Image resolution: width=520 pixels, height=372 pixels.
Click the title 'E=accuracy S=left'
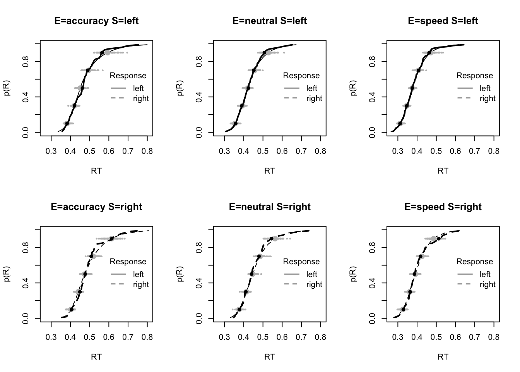[96, 21]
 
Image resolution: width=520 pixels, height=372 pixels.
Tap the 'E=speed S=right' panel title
[443, 207]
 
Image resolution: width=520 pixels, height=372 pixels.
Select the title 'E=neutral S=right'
[270, 207]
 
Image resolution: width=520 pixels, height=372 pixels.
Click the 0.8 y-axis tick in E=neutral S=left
[199, 62]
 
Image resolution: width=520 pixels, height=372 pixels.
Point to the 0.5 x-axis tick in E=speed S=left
[436, 151]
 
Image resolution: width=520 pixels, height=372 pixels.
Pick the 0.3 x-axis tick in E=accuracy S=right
[51, 337]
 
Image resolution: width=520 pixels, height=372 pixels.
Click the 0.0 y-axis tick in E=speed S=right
[373, 319]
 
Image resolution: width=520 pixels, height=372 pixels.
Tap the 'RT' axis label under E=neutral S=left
[270, 171]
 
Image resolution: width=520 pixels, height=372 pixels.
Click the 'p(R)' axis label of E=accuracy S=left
[7, 88]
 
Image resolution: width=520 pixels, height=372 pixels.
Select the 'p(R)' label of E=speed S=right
[354, 274]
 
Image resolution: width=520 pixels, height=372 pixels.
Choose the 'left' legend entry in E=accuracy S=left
[138, 88]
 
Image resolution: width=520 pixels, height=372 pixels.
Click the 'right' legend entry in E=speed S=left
[487, 99]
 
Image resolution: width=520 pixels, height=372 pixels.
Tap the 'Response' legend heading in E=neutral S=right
[301, 262]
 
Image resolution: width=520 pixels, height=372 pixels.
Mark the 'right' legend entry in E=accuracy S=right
[141, 285]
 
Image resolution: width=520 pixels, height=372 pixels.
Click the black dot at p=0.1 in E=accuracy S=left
[67, 124]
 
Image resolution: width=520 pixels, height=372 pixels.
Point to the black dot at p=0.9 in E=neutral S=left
[264, 53]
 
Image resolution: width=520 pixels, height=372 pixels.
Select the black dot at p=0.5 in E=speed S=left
[412, 88]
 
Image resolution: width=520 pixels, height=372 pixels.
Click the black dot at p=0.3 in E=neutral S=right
[246, 292]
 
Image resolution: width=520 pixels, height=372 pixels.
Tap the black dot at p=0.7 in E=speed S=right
[421, 257]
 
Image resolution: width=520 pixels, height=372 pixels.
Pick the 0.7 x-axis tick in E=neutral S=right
[301, 337]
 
